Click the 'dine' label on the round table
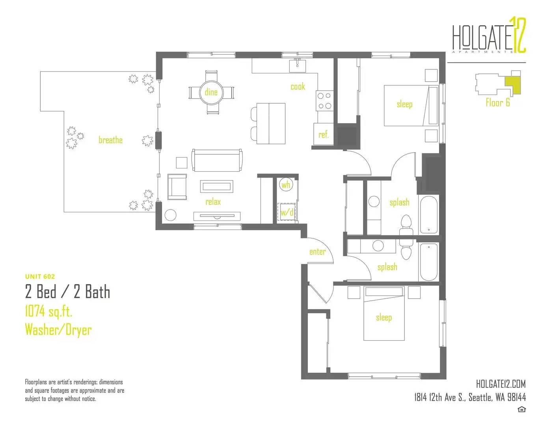(x=211, y=92)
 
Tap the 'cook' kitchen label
(x=298, y=86)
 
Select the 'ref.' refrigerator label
(x=324, y=135)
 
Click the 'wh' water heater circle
(x=286, y=185)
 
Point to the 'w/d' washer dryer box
(x=287, y=212)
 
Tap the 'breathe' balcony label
(x=111, y=140)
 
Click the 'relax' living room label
(x=213, y=202)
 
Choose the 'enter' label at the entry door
(x=317, y=252)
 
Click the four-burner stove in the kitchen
(x=324, y=101)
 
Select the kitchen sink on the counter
(x=298, y=65)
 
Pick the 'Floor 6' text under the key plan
(x=498, y=103)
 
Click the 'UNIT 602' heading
(x=40, y=277)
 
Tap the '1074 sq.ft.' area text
(x=49, y=311)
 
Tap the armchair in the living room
(x=177, y=187)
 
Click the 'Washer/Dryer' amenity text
(x=58, y=330)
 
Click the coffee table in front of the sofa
(x=217, y=187)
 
